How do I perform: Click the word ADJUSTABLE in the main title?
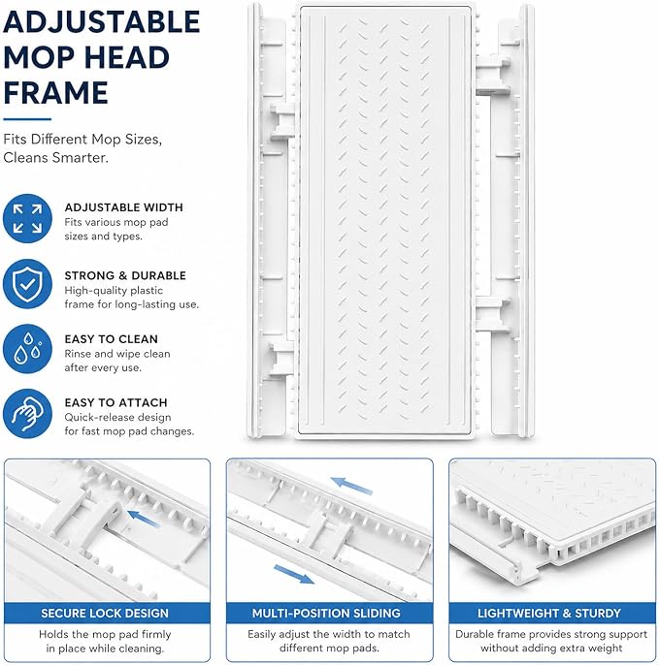(x=102, y=22)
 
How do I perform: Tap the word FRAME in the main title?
(x=55, y=93)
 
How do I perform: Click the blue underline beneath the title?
(x=27, y=119)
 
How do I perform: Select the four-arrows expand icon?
(x=27, y=218)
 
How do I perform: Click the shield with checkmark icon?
(x=27, y=284)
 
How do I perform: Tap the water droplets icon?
(x=27, y=349)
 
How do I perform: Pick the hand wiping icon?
(x=27, y=414)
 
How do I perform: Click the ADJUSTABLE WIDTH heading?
(x=123, y=207)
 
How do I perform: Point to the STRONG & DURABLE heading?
(x=125, y=275)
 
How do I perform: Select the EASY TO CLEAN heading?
(x=112, y=339)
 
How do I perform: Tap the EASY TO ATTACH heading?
(x=115, y=402)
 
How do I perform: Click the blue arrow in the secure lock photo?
(x=144, y=519)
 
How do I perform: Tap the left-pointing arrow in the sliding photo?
(x=351, y=486)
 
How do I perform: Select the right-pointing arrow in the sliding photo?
(x=294, y=574)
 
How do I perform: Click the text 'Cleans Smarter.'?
(x=55, y=158)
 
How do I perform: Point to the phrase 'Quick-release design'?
(x=117, y=417)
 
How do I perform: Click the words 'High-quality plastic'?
(x=114, y=291)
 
